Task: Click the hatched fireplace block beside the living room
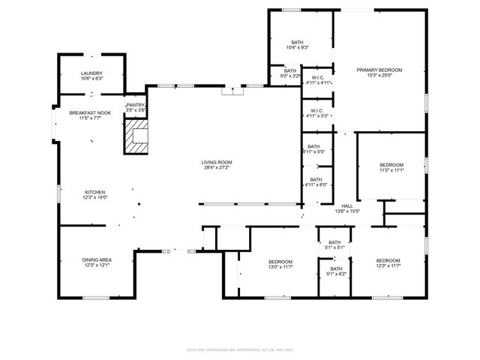click(x=136, y=139)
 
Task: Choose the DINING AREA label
click(x=97, y=262)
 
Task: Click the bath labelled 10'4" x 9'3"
click(x=298, y=44)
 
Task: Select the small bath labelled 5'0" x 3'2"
click(x=289, y=73)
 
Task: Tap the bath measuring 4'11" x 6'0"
click(x=316, y=182)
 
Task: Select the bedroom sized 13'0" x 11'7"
click(x=280, y=264)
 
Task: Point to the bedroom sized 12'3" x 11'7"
click(x=388, y=263)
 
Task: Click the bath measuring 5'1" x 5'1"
click(x=335, y=244)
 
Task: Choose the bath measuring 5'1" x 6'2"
click(x=335, y=271)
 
